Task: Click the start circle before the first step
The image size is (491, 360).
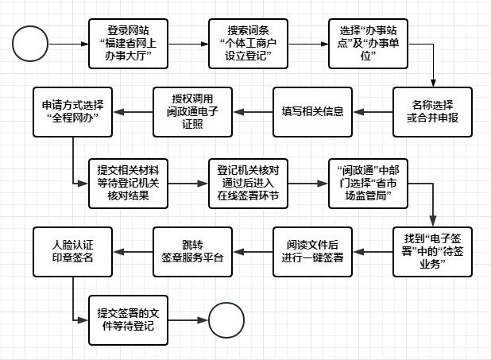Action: coord(30,43)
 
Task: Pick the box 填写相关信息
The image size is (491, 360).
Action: coord(313,110)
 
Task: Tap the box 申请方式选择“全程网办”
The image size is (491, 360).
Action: coord(72,110)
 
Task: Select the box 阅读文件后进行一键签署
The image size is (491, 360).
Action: coord(313,252)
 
